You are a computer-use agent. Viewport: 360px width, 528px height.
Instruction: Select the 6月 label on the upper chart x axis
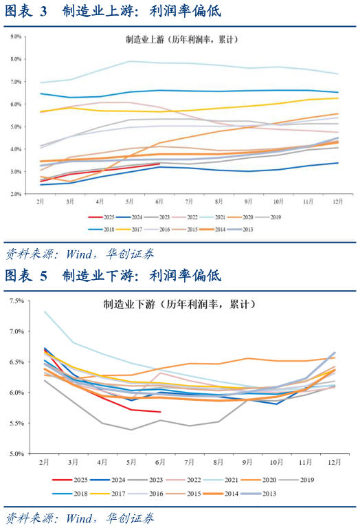click(159, 203)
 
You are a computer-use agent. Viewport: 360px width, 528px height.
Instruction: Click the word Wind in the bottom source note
click(78, 518)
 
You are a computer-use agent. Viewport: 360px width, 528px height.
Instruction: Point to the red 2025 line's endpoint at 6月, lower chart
click(160, 412)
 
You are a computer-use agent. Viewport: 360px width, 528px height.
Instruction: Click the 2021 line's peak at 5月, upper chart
click(130, 61)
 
